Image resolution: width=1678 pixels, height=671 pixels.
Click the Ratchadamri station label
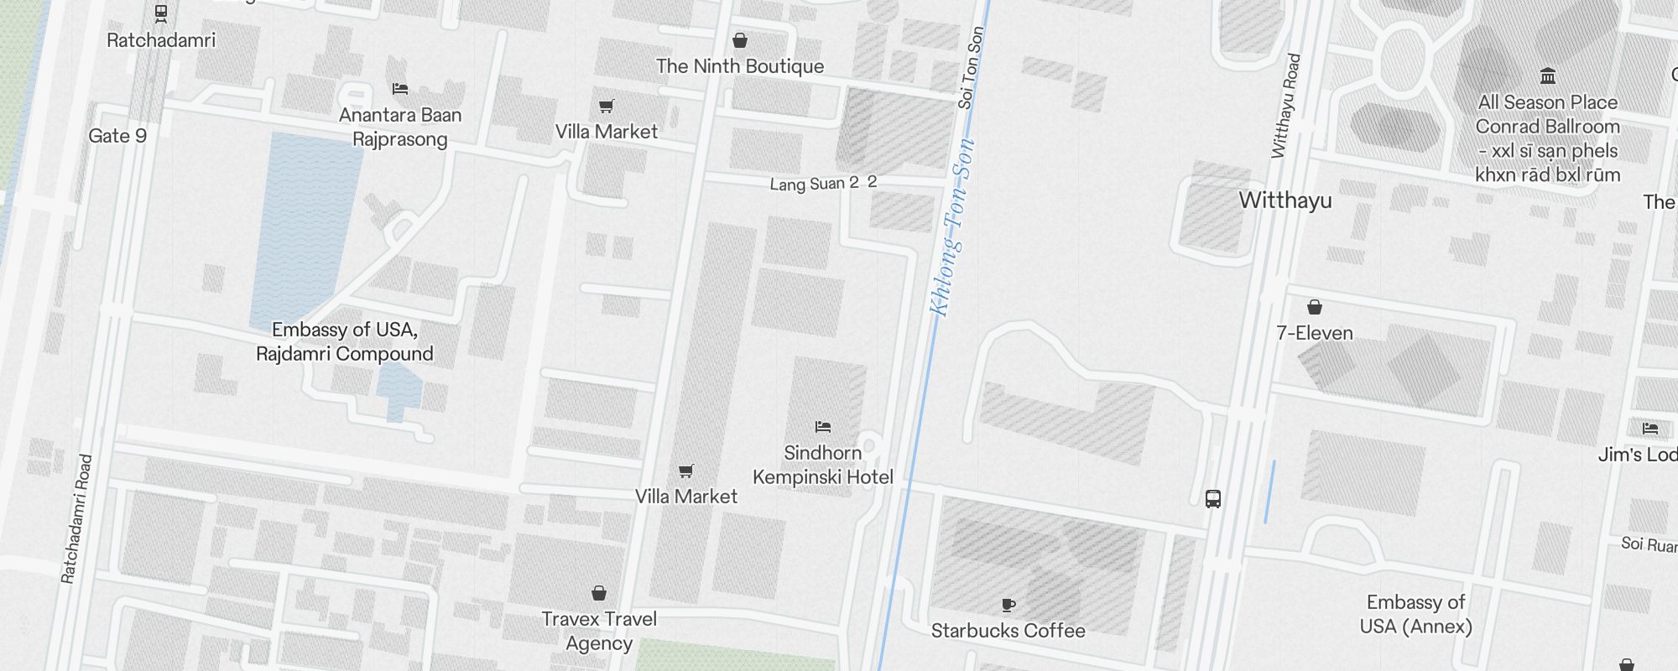[x=161, y=40]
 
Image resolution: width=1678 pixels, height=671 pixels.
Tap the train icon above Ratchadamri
[x=161, y=13]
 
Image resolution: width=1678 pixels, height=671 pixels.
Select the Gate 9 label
[x=117, y=136]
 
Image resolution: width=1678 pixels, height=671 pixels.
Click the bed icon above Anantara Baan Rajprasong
[x=400, y=88]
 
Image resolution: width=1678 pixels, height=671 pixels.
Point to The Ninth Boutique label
[x=740, y=66]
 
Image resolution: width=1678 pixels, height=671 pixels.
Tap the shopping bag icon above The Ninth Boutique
[x=740, y=40]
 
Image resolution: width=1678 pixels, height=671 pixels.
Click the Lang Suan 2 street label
[x=814, y=184]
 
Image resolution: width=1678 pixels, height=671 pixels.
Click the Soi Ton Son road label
[x=971, y=67]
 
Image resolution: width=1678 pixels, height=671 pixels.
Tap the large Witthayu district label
[x=1285, y=200]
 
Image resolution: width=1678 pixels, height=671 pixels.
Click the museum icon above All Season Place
[x=1548, y=76]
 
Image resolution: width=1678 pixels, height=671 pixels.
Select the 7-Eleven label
[x=1315, y=333]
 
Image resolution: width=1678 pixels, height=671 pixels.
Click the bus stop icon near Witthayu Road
[x=1213, y=499]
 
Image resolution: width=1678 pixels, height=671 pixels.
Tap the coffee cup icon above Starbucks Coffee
[x=1008, y=605]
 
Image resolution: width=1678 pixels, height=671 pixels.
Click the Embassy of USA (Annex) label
[x=1416, y=614]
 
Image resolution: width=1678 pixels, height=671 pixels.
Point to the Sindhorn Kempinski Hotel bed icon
[x=823, y=427]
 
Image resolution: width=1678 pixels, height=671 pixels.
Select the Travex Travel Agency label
[x=599, y=631]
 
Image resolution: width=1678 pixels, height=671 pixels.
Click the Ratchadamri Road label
[x=76, y=518]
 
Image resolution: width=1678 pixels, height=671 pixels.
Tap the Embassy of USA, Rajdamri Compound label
[x=345, y=341]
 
